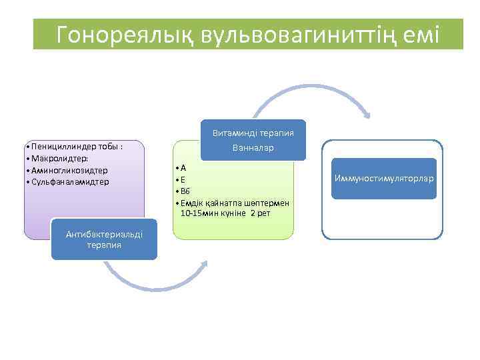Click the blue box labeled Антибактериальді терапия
[x=104, y=239]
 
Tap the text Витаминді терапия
[x=253, y=132]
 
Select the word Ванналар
[x=253, y=147]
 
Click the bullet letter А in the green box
[x=183, y=169]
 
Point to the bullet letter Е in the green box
[x=183, y=180]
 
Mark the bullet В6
[x=185, y=191]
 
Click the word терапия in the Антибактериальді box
[x=104, y=245]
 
